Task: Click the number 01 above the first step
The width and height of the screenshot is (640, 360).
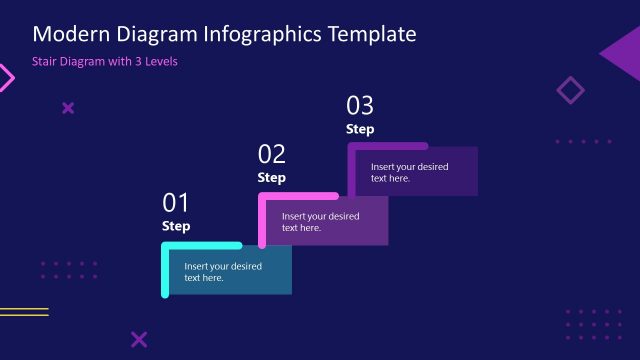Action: tap(176, 203)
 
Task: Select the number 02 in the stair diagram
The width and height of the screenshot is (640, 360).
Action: tap(272, 154)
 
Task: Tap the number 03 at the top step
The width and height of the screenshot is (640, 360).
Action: tap(360, 105)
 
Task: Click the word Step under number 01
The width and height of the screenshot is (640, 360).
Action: tap(176, 226)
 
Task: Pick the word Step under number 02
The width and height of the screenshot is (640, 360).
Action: tap(272, 177)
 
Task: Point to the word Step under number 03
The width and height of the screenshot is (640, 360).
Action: tap(360, 129)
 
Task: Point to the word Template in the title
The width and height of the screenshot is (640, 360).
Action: tap(372, 34)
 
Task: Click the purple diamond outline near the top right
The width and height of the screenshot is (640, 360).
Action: tap(570, 91)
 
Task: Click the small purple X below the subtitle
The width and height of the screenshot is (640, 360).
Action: tap(68, 108)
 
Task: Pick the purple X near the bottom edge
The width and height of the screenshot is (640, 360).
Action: tap(139, 339)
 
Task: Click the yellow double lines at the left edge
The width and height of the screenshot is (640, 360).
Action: tap(23, 312)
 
